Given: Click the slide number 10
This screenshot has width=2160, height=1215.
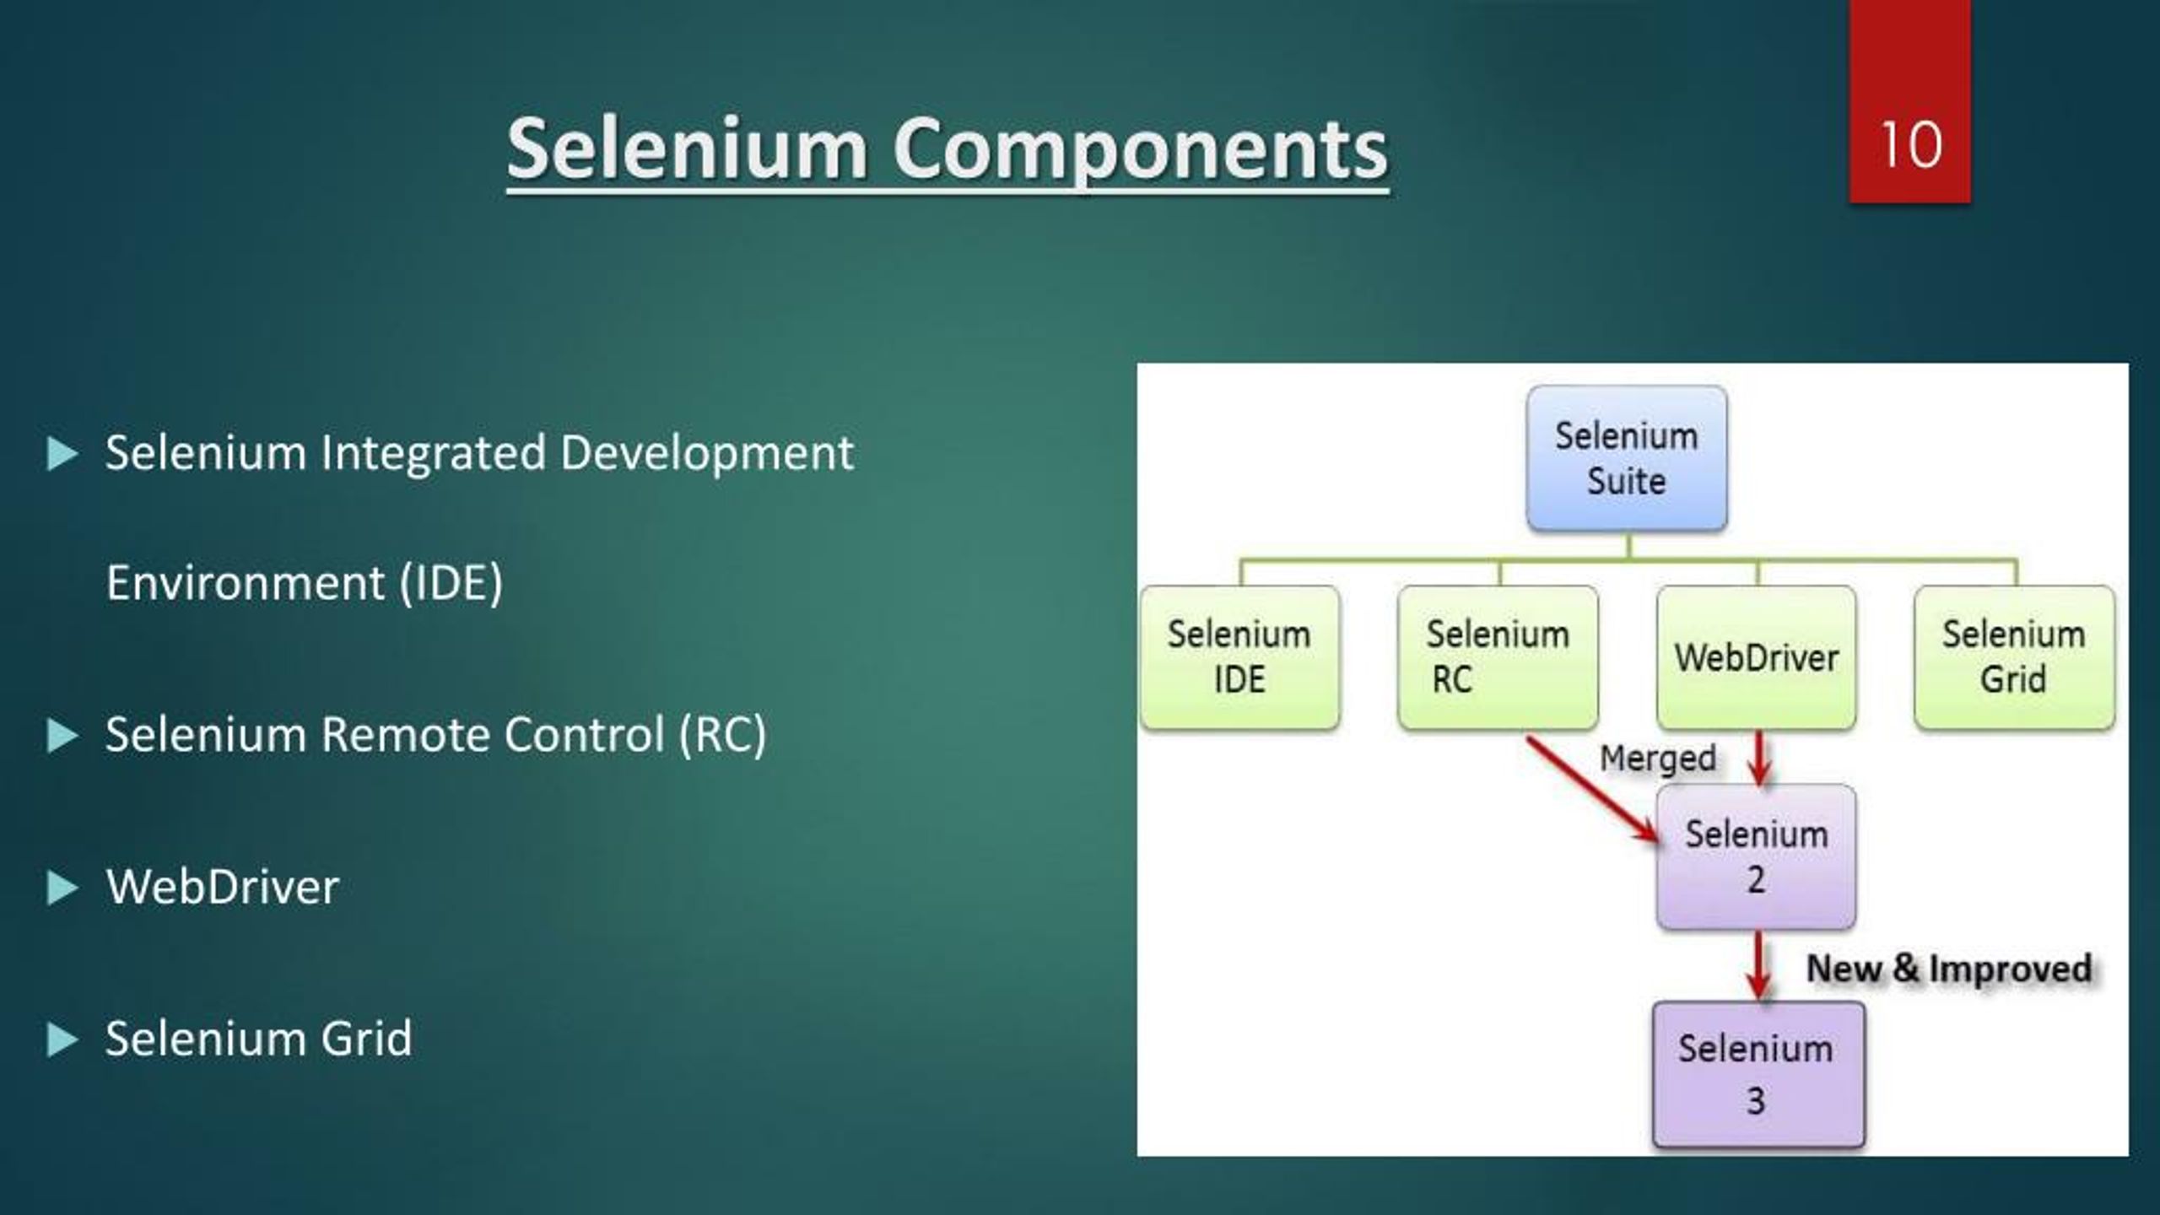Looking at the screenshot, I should [1910, 145].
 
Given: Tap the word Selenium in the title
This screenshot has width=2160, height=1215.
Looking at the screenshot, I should [686, 150].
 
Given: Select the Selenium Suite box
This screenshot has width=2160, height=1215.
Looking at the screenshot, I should [1626, 459].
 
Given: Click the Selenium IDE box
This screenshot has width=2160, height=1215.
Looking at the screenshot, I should [1239, 657].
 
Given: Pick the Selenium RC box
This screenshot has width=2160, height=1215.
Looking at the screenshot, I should [1497, 657].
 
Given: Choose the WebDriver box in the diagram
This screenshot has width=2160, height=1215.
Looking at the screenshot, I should [1756, 657].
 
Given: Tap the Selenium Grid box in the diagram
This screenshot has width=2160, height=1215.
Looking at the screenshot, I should [2013, 657].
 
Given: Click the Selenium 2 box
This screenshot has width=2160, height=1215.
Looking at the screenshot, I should [1756, 856].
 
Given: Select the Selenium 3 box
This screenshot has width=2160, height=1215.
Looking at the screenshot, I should [1758, 1074].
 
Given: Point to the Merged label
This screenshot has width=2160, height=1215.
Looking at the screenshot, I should [1657, 758].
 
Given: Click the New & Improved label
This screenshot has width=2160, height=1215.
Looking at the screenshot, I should [1947, 968].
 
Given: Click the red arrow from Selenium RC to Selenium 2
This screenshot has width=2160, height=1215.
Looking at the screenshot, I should [1590, 789].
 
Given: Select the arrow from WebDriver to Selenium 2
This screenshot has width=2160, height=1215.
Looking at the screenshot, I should [1759, 757].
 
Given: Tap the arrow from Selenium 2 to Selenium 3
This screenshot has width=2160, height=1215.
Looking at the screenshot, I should [1758, 964].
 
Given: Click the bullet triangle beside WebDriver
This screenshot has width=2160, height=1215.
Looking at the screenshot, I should [62, 888].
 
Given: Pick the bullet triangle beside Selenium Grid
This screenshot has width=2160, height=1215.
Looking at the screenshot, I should [62, 1039].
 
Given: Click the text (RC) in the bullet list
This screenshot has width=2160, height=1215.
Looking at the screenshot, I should [722, 734].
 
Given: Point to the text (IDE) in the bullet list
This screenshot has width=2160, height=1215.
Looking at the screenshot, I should [451, 582].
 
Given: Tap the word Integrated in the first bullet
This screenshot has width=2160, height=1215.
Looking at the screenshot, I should [433, 453].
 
